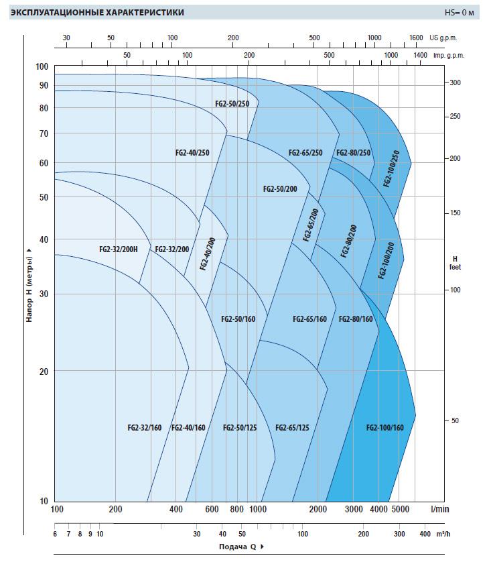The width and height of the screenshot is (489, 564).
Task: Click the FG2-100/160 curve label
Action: [385, 428]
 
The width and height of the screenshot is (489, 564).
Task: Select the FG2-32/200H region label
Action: [119, 249]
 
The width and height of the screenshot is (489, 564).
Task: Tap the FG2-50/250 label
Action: [232, 104]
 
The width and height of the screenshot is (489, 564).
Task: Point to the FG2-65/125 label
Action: [292, 428]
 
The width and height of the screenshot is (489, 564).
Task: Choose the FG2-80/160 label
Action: [356, 319]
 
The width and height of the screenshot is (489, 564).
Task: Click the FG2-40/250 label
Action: [193, 153]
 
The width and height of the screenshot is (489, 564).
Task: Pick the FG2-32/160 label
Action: [145, 428]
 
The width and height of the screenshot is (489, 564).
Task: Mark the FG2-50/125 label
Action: [240, 428]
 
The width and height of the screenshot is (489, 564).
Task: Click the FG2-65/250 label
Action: [305, 153]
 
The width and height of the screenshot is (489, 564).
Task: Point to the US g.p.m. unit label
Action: [447, 38]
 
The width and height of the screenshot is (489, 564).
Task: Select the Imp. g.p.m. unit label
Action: [449, 55]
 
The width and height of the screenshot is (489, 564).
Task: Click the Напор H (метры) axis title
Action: [29, 285]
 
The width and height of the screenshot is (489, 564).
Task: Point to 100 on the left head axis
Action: [42, 66]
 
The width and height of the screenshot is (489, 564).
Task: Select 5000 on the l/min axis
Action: [400, 510]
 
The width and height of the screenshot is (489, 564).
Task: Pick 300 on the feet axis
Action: [455, 82]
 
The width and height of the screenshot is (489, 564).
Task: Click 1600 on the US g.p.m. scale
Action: [415, 38]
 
